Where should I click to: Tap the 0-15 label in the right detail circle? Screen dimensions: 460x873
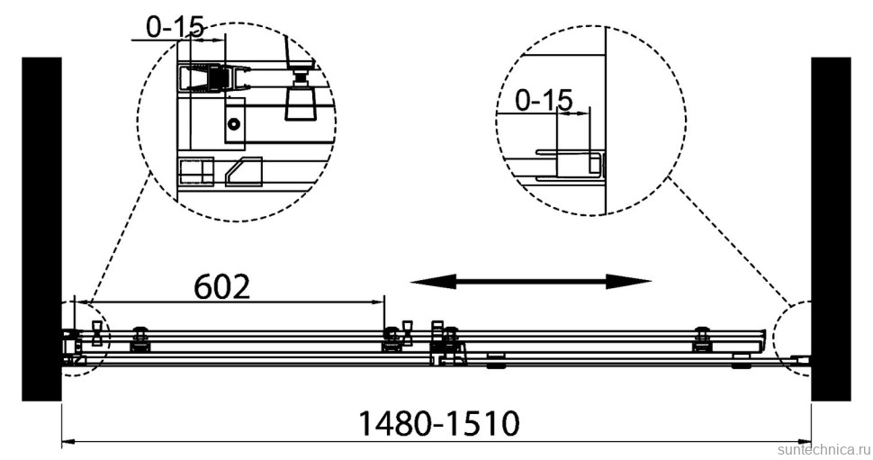(543, 100)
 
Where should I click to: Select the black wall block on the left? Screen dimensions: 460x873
(41, 229)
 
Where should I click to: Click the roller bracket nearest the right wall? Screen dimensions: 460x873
(703, 340)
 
